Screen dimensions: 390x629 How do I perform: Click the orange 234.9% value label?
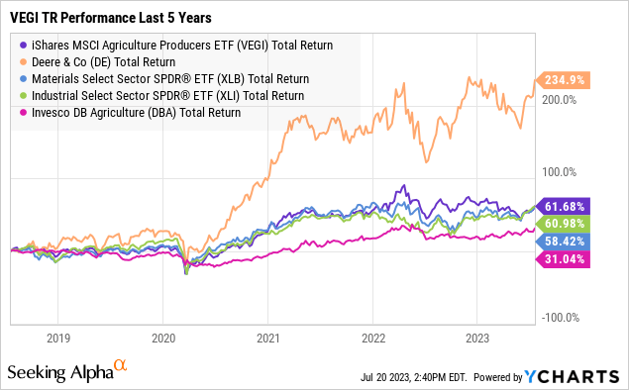pyautogui.click(x=564, y=81)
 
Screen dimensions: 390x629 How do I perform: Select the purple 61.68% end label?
pyautogui.click(x=564, y=205)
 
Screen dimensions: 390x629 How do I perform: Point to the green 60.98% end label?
pyautogui.click(x=564, y=223)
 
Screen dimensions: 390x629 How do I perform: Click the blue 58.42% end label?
pyautogui.click(x=564, y=241)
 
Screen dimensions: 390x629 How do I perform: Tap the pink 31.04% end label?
pyautogui.click(x=564, y=258)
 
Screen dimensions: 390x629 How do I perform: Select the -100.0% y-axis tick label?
pyautogui.click(x=561, y=317)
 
